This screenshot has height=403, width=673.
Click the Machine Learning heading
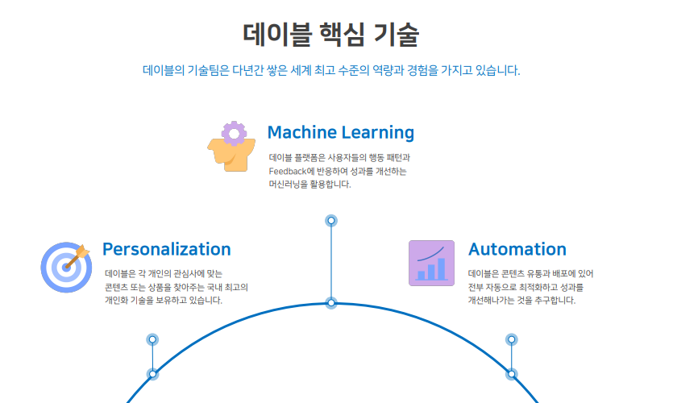pyautogui.click(x=341, y=133)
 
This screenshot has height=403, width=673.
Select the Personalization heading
pyautogui.click(x=167, y=249)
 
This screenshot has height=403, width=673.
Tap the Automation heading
pyautogui.click(x=517, y=249)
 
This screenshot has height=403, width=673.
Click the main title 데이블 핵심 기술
pyautogui.click(x=330, y=35)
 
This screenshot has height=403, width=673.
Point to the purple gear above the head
pyautogui.click(x=234, y=134)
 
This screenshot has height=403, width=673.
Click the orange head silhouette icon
pyautogui.click(x=232, y=155)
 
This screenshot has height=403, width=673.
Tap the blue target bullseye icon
pyautogui.click(x=66, y=268)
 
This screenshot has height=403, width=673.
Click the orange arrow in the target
pyautogui.click(x=77, y=256)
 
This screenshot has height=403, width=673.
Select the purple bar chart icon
pyautogui.click(x=431, y=263)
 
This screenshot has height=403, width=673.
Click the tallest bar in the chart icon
pyautogui.click(x=441, y=268)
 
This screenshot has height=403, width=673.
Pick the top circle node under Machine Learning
pyautogui.click(x=331, y=221)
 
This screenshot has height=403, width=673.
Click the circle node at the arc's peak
pyautogui.click(x=331, y=302)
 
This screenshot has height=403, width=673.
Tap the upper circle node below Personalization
pyautogui.click(x=152, y=339)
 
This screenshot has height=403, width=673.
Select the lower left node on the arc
pyautogui.click(x=152, y=374)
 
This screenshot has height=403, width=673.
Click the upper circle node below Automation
pyautogui.click(x=511, y=339)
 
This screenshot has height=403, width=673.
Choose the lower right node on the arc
pyautogui.click(x=511, y=374)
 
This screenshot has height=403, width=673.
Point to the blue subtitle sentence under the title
pyautogui.click(x=331, y=70)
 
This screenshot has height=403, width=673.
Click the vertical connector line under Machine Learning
pyautogui.click(x=331, y=262)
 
